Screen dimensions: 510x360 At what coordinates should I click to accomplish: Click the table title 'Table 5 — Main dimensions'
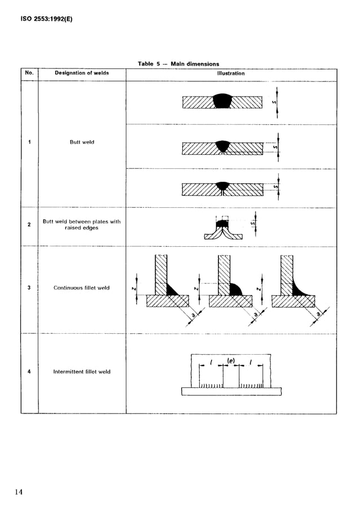[x=178, y=64]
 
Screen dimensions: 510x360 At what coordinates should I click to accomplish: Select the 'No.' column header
[x=29, y=73]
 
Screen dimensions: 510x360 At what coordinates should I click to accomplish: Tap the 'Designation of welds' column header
[x=82, y=73]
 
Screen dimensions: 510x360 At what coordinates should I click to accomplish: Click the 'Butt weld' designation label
[x=82, y=142]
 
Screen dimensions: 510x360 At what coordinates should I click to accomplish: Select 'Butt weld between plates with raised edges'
[x=82, y=225]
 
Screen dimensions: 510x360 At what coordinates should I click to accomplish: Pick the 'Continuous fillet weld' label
[x=82, y=288]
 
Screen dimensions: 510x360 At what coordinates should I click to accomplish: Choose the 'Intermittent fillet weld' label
[x=82, y=372]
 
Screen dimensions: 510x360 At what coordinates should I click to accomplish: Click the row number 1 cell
[x=29, y=142]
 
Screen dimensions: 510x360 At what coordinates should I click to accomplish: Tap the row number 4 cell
[x=29, y=372]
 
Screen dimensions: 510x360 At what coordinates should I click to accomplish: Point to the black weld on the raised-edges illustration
[x=223, y=224]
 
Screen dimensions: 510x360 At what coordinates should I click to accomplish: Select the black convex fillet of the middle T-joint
[x=235, y=290]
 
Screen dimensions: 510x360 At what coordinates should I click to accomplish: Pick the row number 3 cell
[x=29, y=288]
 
